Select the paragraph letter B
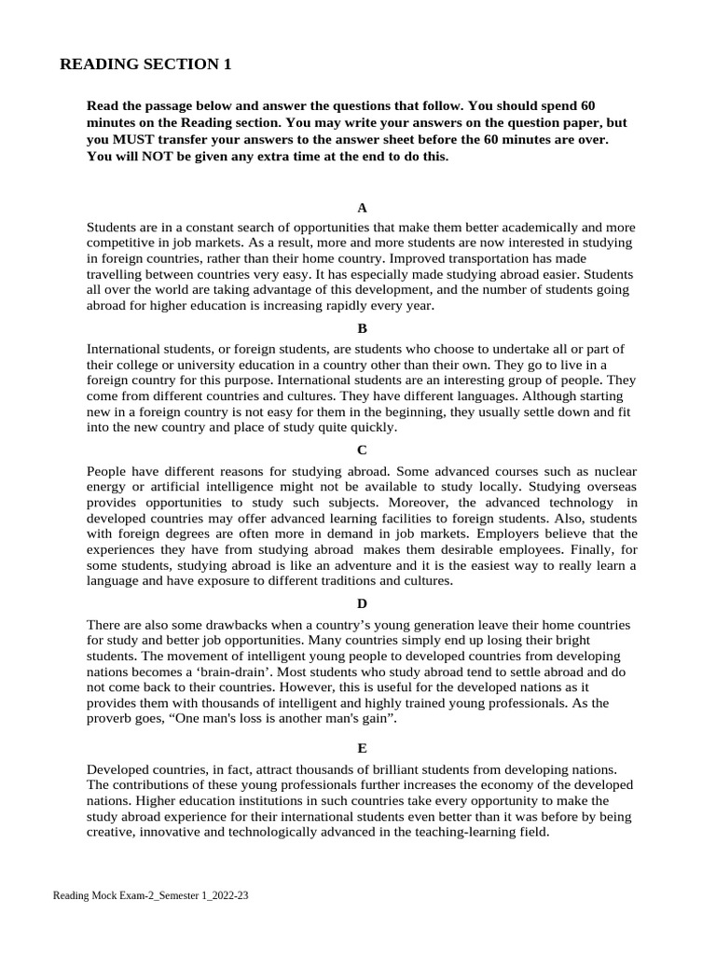[362, 328]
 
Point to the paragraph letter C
[362, 450]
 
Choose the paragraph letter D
[362, 603]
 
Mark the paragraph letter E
[362, 748]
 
